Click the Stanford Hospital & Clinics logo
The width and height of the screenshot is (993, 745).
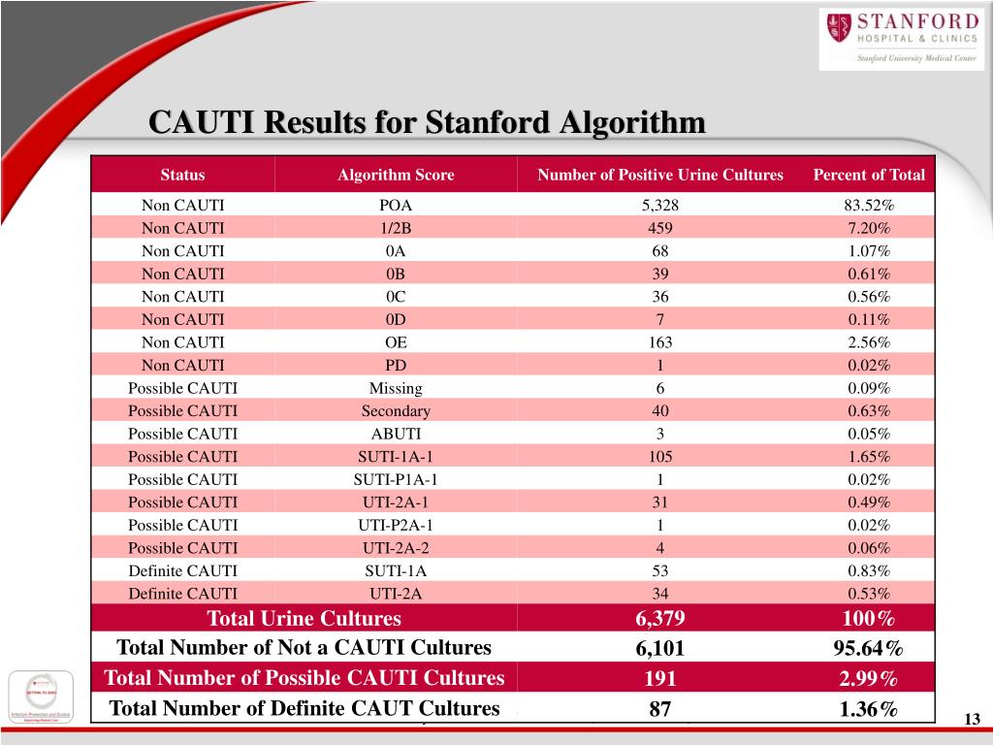tap(902, 39)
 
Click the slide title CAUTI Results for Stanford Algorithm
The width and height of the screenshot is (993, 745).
tap(427, 123)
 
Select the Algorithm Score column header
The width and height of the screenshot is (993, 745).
tap(396, 176)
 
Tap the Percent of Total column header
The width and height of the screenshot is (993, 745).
tap(869, 176)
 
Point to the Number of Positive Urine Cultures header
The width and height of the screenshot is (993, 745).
tap(660, 176)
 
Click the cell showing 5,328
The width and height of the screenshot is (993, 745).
tap(660, 206)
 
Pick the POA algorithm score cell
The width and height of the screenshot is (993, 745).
tap(396, 206)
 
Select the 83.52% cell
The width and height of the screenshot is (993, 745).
tap(869, 206)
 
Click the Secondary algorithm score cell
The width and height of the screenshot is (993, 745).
tap(396, 410)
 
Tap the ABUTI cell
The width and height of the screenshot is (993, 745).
tap(396, 434)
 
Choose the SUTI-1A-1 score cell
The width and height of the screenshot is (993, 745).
tap(396, 456)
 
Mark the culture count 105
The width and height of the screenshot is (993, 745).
tap(660, 456)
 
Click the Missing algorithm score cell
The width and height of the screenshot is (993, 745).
tap(396, 388)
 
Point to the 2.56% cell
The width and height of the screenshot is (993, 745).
tap(869, 342)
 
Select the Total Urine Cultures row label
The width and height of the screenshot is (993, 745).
tap(304, 619)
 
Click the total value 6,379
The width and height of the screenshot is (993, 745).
tap(660, 619)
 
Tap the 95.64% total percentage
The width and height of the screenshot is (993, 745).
tap(869, 648)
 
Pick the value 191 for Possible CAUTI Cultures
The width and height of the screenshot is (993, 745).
tap(660, 678)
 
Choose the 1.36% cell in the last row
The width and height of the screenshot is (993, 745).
tap(869, 709)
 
